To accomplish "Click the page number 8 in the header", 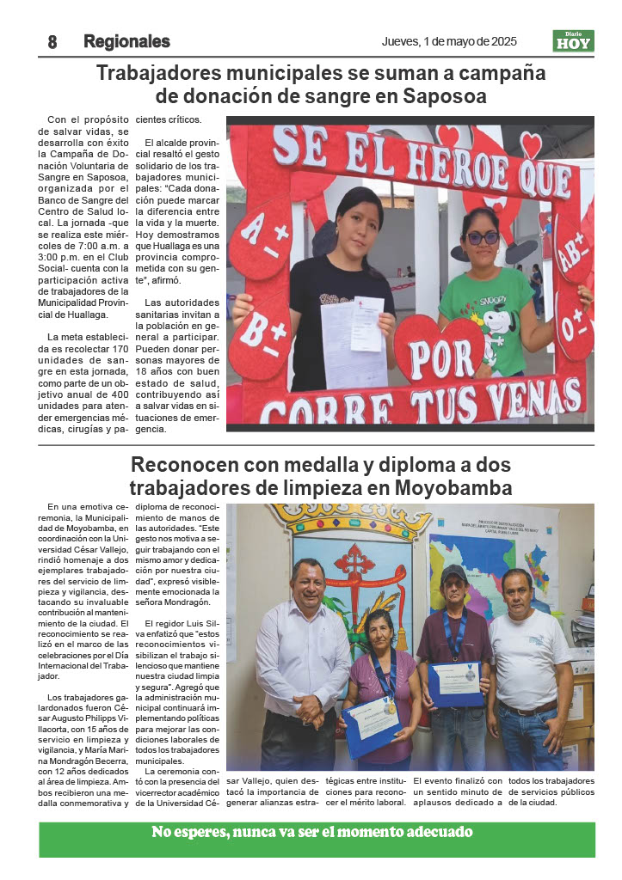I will pos(52,42).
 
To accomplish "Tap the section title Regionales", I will pos(126,42).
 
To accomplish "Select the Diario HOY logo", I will pos(573,41).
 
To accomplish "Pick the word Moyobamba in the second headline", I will pos(454,488).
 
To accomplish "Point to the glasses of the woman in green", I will pos(481,238).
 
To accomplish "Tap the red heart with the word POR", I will pos(439,347).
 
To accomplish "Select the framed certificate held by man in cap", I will pos(455,683).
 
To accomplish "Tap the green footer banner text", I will pos(311,832).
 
